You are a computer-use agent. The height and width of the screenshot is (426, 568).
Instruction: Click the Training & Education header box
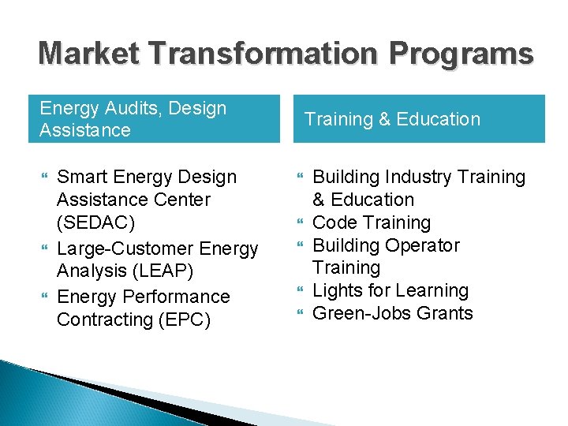point(419,119)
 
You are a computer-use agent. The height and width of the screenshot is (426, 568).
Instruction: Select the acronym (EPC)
point(177,319)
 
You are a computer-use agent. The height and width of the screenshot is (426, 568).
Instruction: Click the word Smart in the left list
point(84,177)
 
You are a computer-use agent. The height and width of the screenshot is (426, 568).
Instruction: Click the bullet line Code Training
point(372,222)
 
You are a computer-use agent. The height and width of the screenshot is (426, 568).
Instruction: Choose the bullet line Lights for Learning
point(390,290)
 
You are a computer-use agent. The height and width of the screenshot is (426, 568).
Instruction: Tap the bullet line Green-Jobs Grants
point(393,313)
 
